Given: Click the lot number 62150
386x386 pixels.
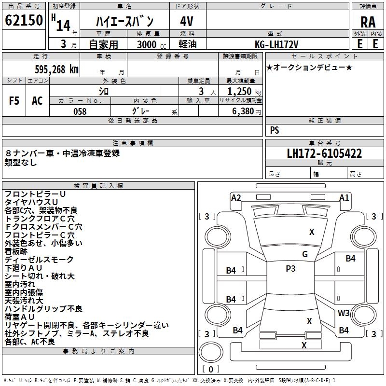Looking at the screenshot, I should (24, 21).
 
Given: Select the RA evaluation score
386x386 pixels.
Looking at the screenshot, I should (368, 22).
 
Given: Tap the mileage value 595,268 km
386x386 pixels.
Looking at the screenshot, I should (56, 69).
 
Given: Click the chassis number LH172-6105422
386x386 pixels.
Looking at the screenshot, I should (324, 154).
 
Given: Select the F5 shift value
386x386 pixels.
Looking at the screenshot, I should (14, 100).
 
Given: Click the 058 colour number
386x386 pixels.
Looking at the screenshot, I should (80, 111).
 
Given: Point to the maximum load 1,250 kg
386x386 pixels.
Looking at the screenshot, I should (244, 91).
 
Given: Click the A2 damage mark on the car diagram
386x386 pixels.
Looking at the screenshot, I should (236, 197).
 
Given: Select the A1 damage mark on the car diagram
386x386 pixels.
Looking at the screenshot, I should (344, 197).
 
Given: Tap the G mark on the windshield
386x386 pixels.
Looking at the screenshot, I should (304, 254).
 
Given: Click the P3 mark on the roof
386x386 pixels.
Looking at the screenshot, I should (290, 269).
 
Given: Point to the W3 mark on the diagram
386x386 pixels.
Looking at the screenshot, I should (344, 313).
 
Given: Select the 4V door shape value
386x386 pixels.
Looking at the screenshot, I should (187, 22).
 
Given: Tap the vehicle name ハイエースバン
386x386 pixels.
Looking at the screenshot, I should (124, 22).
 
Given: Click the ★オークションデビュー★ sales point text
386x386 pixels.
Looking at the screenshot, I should (309, 67).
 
